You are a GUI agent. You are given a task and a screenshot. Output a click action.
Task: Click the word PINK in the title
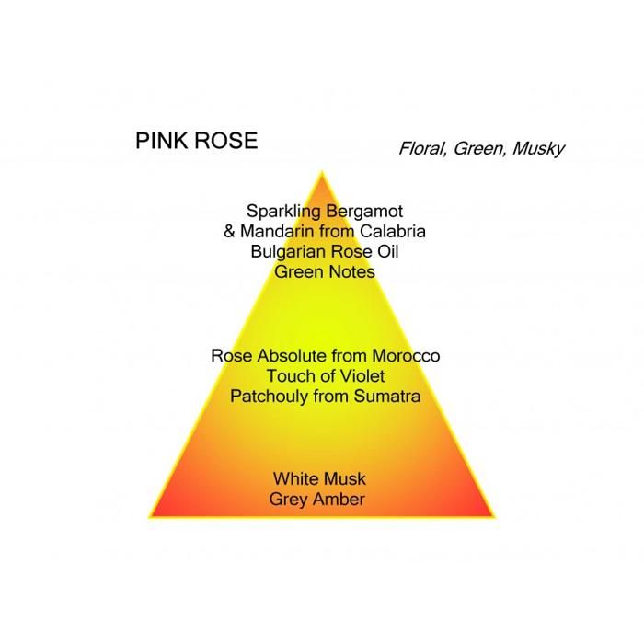(x=162, y=141)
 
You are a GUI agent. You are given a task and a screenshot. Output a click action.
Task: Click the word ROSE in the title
(x=226, y=141)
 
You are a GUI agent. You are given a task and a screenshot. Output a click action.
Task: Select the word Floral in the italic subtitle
(x=422, y=148)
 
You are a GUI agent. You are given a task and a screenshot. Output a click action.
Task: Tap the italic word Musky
(x=538, y=149)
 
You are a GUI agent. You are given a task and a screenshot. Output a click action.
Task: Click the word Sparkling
(x=283, y=212)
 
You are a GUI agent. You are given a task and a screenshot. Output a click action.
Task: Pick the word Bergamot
(x=364, y=212)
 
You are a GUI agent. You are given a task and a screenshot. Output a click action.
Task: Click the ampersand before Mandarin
(x=229, y=231)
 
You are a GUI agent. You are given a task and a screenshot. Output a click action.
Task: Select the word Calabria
(x=392, y=231)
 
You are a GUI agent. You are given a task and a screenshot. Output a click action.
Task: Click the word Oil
(x=387, y=251)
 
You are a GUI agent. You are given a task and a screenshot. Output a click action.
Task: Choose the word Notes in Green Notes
(x=351, y=272)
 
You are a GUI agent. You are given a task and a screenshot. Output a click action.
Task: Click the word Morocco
(x=406, y=356)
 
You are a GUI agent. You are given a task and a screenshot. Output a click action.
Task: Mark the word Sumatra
(x=387, y=397)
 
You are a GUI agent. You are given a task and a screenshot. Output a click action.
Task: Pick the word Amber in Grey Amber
(x=340, y=500)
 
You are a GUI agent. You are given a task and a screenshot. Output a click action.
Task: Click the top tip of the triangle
(x=322, y=172)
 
